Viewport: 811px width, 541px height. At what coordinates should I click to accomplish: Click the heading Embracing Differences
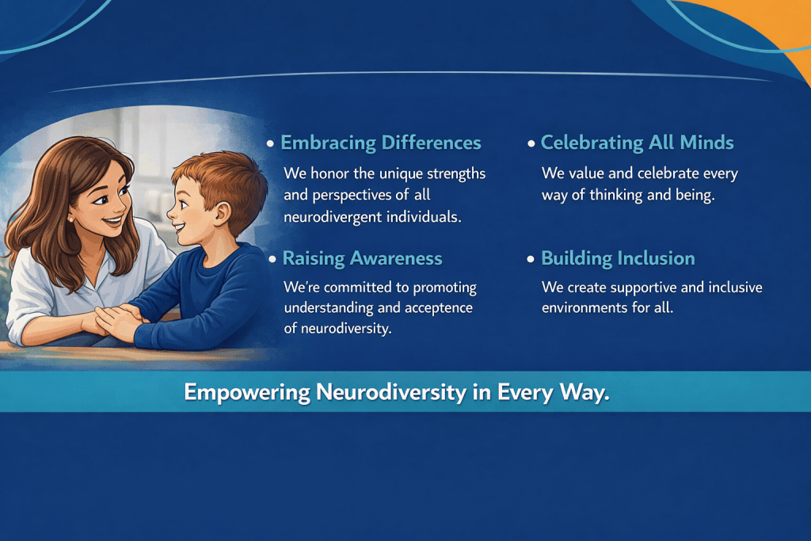coord(381,143)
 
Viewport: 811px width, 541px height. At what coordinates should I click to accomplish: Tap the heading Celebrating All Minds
coord(638,143)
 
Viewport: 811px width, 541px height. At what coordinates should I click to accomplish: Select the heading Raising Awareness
coord(362,258)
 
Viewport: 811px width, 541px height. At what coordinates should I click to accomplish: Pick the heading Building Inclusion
coord(618,258)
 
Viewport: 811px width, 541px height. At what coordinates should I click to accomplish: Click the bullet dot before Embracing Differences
coord(270,144)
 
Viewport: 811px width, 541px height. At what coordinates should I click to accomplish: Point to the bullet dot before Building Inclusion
coord(530,259)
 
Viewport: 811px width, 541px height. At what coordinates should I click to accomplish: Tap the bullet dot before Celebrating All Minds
coord(531,144)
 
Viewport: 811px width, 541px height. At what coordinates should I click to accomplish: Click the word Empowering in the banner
coord(247,393)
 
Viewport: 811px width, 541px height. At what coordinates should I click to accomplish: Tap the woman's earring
coord(70,219)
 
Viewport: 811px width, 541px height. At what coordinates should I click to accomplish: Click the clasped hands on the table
coord(117,321)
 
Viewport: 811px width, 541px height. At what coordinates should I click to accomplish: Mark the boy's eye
coord(186,196)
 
